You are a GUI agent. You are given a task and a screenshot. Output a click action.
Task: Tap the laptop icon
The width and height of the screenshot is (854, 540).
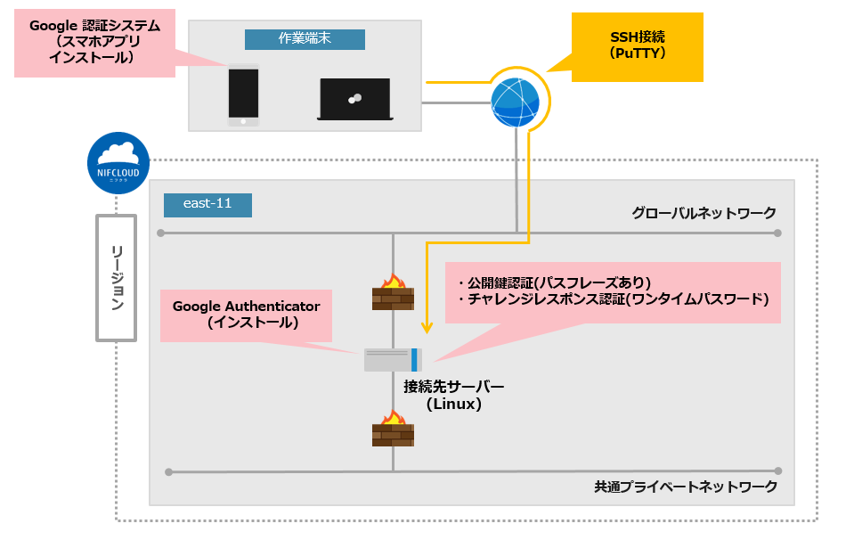point(355,99)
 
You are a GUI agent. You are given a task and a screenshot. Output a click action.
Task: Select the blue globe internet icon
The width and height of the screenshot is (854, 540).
point(516,103)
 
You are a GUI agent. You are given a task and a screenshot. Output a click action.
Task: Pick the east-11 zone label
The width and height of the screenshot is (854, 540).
point(207,204)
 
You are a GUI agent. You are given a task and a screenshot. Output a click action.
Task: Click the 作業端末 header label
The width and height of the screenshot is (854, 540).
point(305,39)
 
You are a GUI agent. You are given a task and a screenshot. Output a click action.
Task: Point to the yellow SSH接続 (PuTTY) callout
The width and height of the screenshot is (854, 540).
point(637,46)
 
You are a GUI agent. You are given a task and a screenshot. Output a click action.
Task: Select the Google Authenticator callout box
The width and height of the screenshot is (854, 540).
point(246,315)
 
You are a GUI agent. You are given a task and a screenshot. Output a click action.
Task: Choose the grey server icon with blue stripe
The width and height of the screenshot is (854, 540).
point(393,360)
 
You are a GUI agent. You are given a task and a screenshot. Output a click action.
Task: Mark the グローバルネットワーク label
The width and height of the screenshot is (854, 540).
point(704,213)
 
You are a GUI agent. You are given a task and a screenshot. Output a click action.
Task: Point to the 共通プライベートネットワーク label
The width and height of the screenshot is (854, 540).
point(686,487)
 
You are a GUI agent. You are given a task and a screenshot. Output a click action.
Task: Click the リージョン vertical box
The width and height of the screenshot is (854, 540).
point(117,277)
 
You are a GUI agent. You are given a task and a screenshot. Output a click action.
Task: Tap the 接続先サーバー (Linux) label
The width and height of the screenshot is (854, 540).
point(453,395)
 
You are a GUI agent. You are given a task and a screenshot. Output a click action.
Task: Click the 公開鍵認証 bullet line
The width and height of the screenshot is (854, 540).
point(554,281)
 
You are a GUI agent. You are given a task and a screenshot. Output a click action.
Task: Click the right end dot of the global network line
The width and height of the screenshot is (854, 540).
point(777,233)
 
